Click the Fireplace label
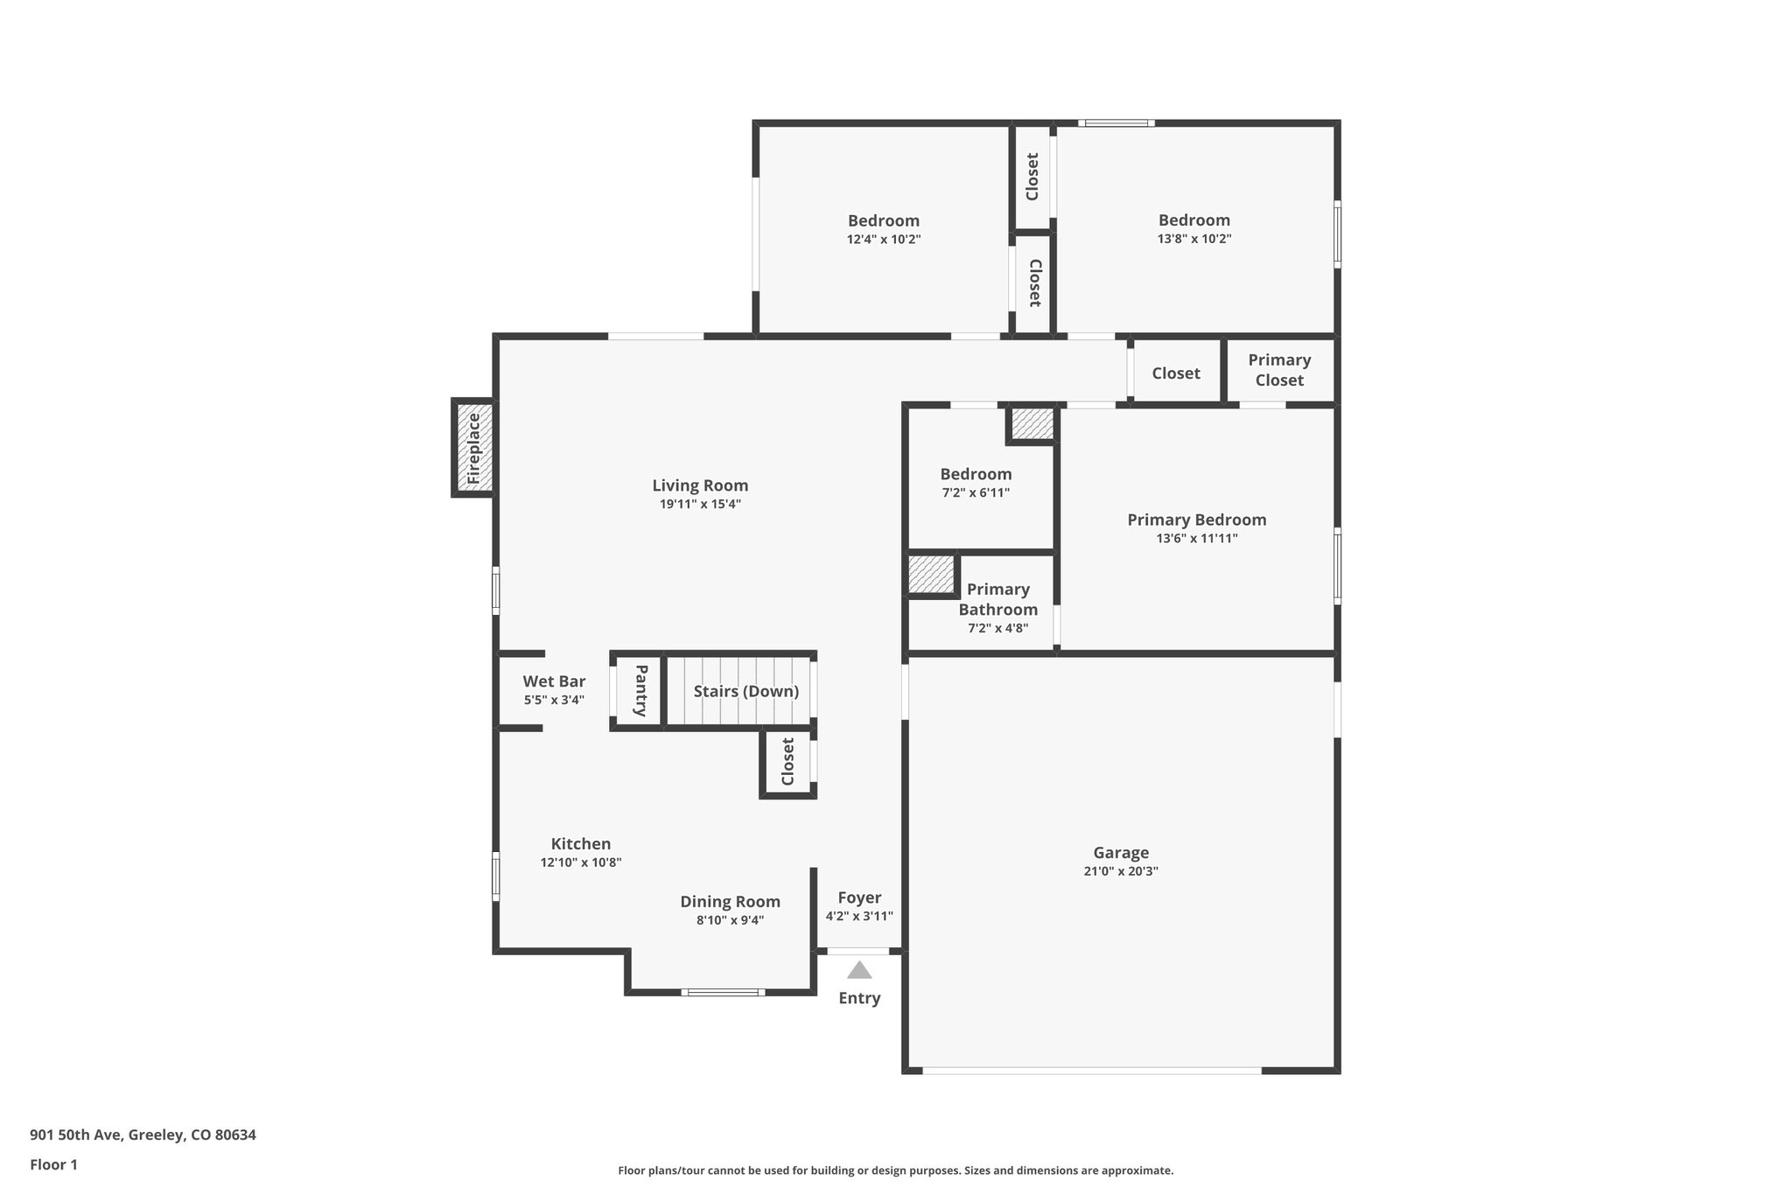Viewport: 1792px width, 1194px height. [x=473, y=448]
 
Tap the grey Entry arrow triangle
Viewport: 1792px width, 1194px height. [x=859, y=970]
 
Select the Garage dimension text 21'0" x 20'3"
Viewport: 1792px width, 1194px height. [x=1120, y=871]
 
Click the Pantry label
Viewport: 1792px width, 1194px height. [x=640, y=691]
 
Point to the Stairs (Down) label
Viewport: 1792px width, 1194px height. [x=745, y=691]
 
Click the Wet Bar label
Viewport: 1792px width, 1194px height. [x=554, y=681]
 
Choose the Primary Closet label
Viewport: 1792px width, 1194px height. [x=1279, y=370]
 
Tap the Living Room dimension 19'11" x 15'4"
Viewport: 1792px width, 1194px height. [x=700, y=504]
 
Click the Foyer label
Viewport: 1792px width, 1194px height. [x=859, y=897]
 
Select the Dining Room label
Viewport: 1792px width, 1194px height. [x=730, y=902]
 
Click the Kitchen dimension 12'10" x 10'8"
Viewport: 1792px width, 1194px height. [x=580, y=862]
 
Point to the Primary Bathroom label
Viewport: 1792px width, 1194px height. [x=998, y=599]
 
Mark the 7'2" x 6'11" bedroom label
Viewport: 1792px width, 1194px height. [x=976, y=474]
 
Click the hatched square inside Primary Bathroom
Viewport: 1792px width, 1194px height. [x=930, y=575]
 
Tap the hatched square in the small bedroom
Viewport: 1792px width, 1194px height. [x=1032, y=424]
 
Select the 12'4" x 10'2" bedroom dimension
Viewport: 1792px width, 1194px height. [x=883, y=239]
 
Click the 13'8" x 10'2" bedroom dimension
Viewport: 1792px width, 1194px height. [x=1193, y=239]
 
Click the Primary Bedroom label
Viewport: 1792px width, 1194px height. [x=1196, y=520]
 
